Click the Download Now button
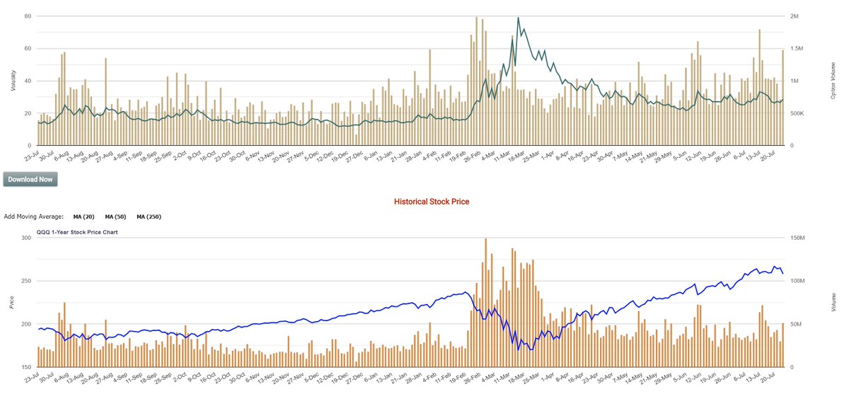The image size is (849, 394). tap(30, 180)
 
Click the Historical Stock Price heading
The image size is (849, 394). tap(431, 202)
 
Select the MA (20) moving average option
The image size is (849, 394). tap(83, 216)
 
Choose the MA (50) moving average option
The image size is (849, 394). tap(115, 216)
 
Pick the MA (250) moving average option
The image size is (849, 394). tap(149, 216)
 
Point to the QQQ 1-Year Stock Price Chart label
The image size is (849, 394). tap(77, 232)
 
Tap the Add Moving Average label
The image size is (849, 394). tap(34, 216)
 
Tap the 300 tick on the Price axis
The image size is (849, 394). tap(27, 238)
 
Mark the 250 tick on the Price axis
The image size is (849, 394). tap(27, 282)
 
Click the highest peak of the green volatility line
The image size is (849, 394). tap(519, 18)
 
